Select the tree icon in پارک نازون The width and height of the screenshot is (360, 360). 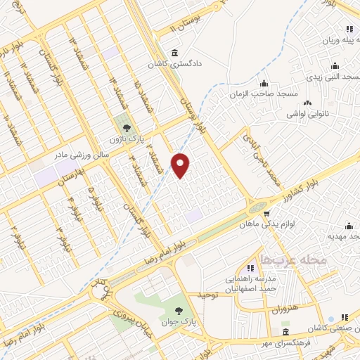coord(127,127)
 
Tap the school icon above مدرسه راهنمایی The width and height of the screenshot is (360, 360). coord(250,267)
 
